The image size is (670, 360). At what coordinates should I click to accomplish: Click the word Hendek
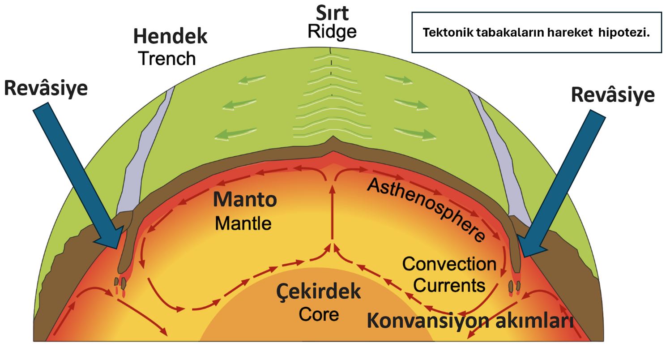[170, 37]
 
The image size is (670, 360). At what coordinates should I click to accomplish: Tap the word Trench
[166, 59]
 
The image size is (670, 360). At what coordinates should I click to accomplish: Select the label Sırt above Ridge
[332, 13]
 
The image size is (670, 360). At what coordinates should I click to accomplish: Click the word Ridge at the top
[332, 32]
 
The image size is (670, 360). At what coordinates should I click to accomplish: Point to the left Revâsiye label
[46, 88]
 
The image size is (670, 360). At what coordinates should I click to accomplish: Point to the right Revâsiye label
[613, 95]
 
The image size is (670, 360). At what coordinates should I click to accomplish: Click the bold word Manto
[245, 200]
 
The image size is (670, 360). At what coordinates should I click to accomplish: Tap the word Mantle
[243, 223]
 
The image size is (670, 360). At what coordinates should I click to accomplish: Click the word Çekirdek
[318, 292]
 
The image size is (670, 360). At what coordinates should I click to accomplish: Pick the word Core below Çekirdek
[319, 314]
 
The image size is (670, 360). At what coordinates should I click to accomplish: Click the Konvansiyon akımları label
[470, 321]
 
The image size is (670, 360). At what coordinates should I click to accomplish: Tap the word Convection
[449, 264]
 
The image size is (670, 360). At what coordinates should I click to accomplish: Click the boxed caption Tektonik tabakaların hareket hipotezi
[536, 33]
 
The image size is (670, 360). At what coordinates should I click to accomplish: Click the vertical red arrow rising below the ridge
[332, 215]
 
